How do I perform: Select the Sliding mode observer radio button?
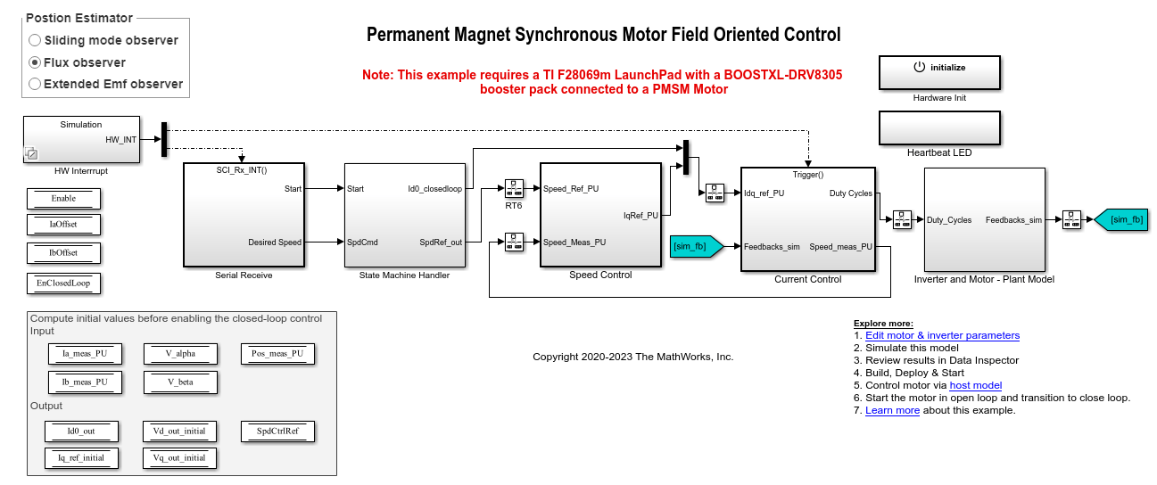pyautogui.click(x=35, y=40)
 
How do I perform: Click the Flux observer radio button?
pyautogui.click(x=35, y=62)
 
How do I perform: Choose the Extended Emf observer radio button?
pyautogui.click(x=35, y=84)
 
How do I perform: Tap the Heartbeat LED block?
pyautogui.click(x=939, y=127)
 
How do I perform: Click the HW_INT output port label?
pyautogui.click(x=120, y=139)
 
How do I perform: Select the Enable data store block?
pyautogui.click(x=63, y=198)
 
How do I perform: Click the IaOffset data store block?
pyautogui.click(x=63, y=225)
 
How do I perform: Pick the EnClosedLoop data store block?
pyautogui.click(x=63, y=284)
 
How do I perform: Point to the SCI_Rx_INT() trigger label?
pyautogui.click(x=242, y=169)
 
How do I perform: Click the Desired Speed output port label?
pyautogui.click(x=275, y=242)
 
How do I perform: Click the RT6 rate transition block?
pyautogui.click(x=515, y=189)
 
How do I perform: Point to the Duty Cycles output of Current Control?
pyautogui.click(x=850, y=193)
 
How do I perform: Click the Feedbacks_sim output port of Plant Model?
pyautogui.click(x=1013, y=219)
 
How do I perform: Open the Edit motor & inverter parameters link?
pyautogui.click(x=942, y=335)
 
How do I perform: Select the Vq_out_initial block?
pyautogui.click(x=179, y=457)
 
